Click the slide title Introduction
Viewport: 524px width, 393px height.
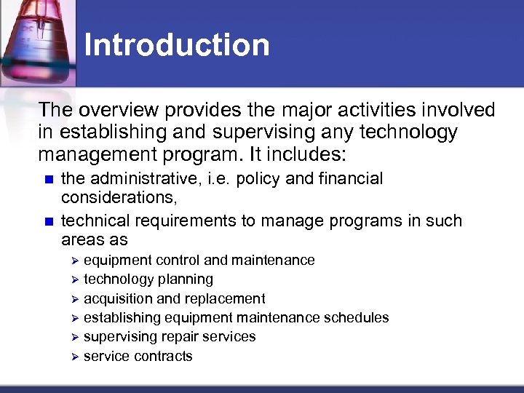(x=177, y=45)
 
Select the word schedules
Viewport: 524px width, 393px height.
(x=356, y=318)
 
